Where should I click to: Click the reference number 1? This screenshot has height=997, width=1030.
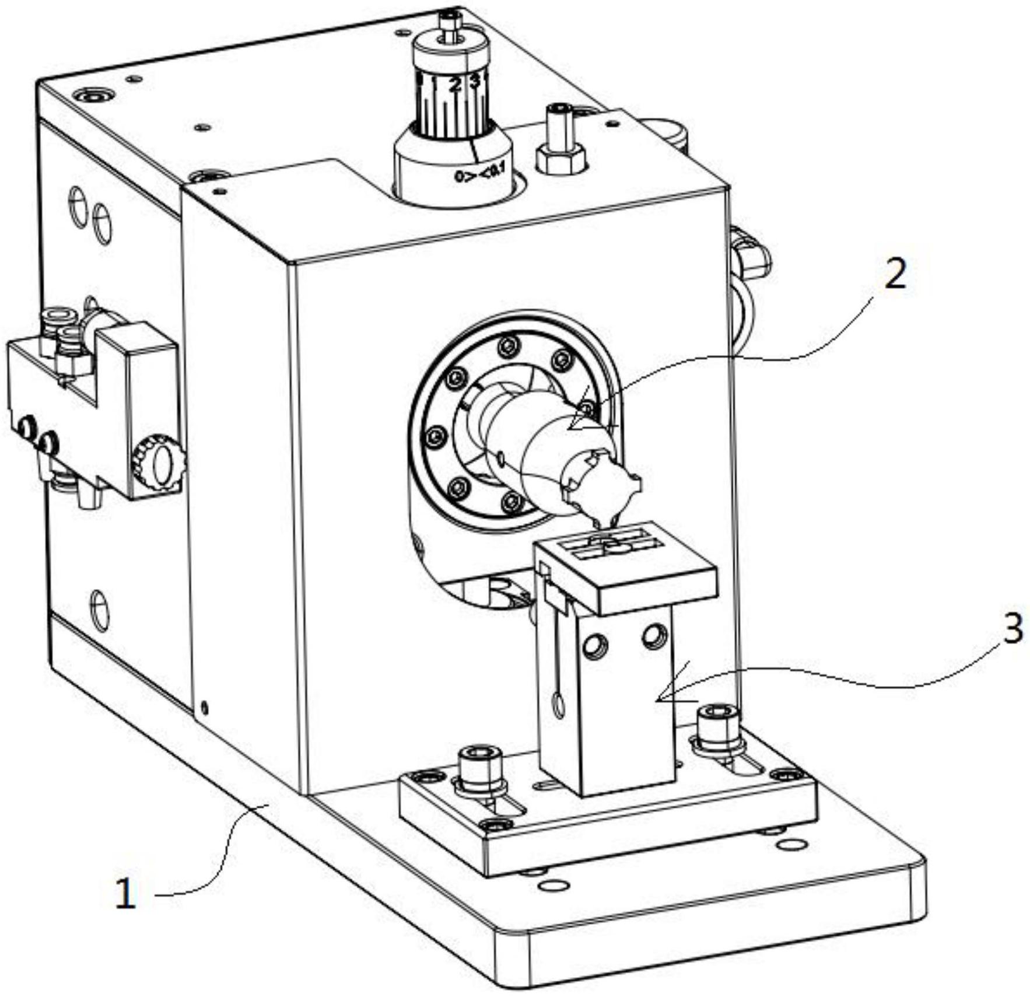point(125,893)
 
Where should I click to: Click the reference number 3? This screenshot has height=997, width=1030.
point(1013,629)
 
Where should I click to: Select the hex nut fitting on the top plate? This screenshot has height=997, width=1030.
point(560,159)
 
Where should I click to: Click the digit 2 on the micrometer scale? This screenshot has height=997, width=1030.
point(456,85)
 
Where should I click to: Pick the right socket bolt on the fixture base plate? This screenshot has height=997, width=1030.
point(717,724)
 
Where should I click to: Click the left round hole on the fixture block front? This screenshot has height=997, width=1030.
point(597,645)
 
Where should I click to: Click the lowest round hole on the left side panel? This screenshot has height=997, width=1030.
point(100,610)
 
